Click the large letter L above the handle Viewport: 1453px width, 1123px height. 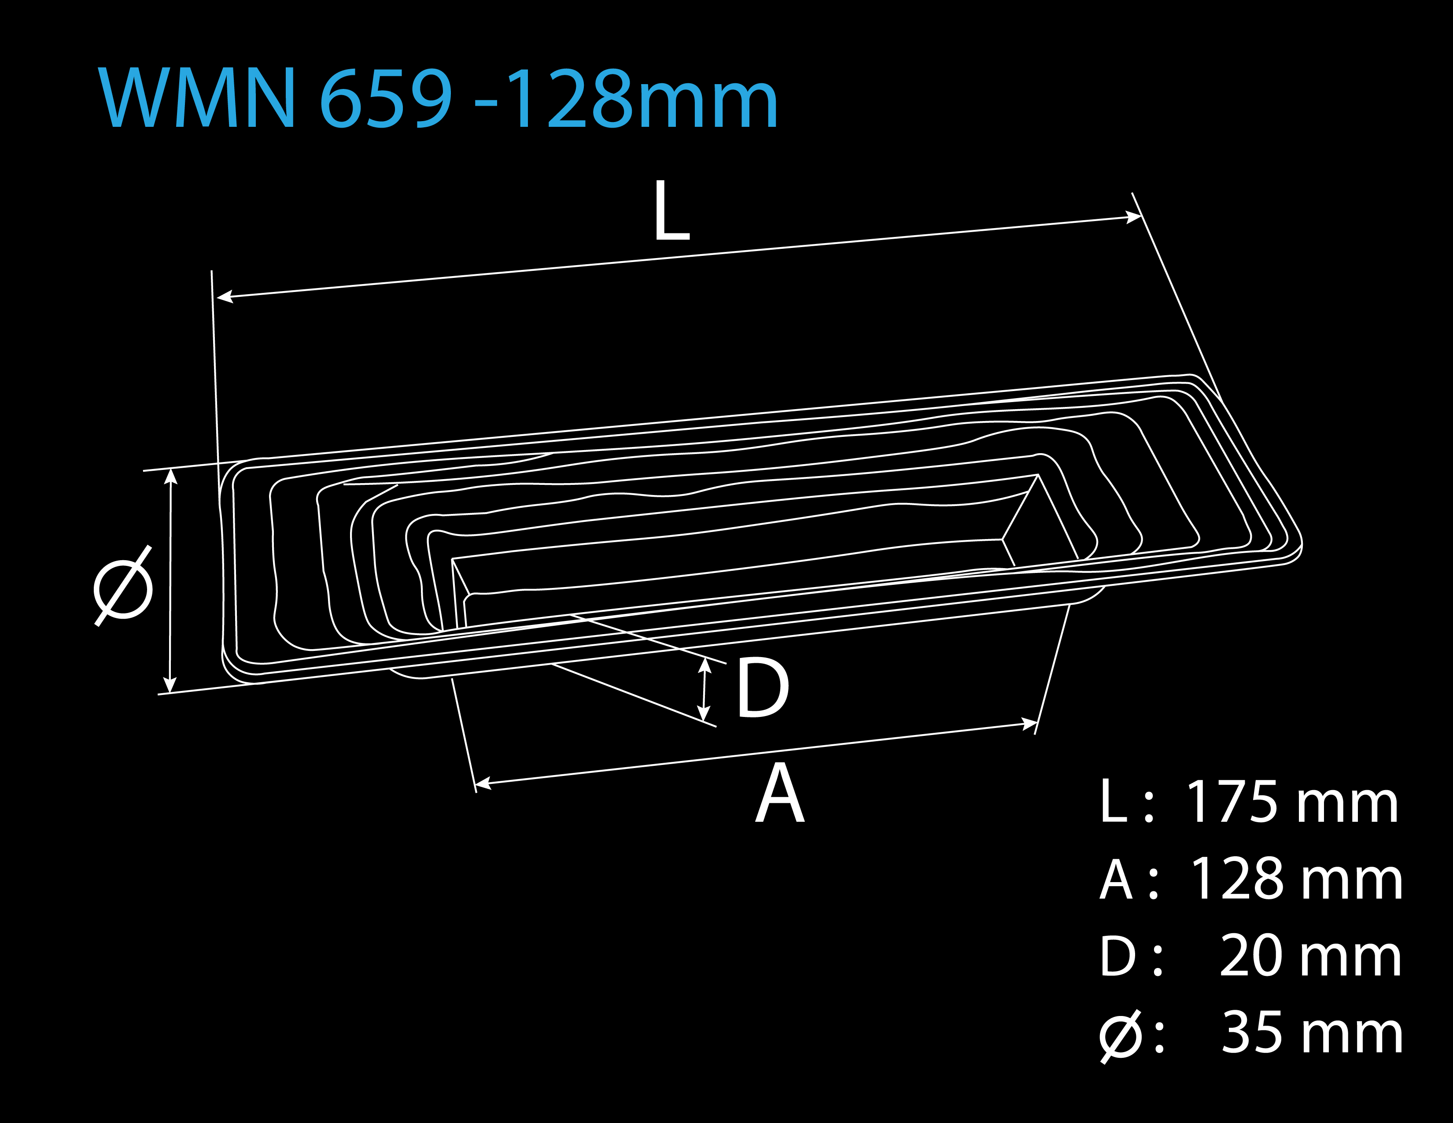672,210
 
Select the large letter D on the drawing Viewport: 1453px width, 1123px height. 763,687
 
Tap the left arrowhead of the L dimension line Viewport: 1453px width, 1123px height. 225,297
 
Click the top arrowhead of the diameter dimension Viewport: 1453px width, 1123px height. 171,477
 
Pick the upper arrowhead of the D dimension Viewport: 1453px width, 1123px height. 705,665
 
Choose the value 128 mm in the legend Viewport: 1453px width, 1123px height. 1296,879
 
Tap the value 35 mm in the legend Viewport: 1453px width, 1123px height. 1312,1033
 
